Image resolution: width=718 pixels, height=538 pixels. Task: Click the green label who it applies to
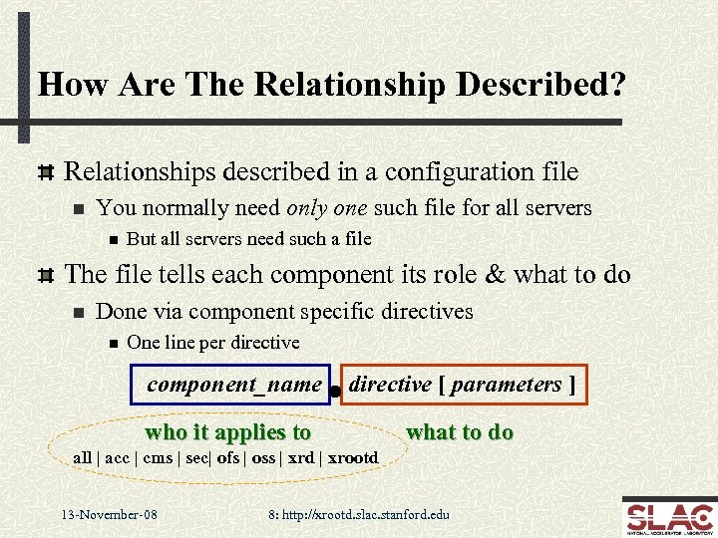click(x=228, y=432)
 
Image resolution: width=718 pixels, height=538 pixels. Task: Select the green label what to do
click(x=460, y=431)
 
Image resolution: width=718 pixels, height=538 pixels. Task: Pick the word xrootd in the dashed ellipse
click(x=353, y=458)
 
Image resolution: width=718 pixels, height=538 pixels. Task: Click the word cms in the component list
click(x=158, y=458)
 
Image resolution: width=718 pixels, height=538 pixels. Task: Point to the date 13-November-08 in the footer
click(x=109, y=515)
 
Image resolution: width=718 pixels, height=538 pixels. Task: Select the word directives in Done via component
click(x=428, y=311)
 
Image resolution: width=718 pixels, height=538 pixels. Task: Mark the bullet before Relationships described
click(x=44, y=172)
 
